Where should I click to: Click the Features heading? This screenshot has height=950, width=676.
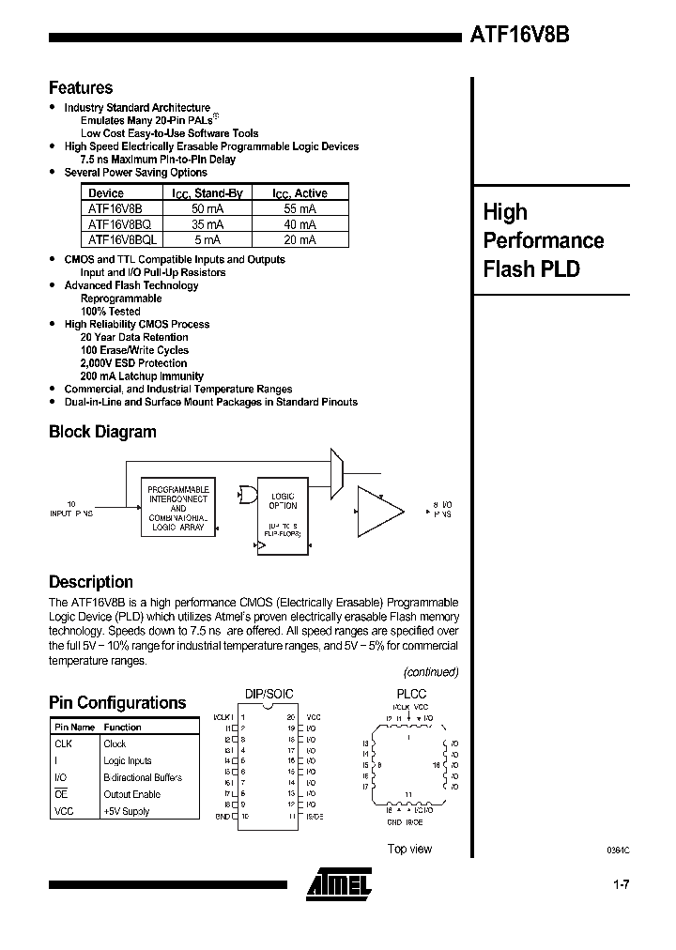click(x=81, y=88)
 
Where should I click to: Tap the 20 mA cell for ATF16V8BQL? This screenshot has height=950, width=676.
click(x=300, y=239)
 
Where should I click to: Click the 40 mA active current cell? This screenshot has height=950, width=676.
click(x=300, y=224)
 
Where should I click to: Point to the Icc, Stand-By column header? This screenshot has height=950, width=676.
click(x=211, y=193)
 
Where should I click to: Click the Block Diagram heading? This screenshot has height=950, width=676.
click(x=102, y=432)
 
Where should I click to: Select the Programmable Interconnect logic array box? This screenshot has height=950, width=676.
click(x=178, y=508)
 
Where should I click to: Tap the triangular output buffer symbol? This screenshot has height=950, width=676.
click(x=376, y=511)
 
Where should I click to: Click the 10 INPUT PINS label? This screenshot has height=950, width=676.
click(x=71, y=510)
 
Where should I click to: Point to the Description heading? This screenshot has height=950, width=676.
click(x=91, y=582)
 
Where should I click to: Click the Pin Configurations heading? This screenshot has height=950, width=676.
click(x=117, y=703)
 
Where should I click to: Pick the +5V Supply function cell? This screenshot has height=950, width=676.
click(x=127, y=811)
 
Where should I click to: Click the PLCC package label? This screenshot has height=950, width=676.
click(x=410, y=694)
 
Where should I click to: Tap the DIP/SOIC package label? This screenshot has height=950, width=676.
click(x=269, y=694)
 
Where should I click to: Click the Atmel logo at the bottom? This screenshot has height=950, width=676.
click(x=339, y=881)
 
